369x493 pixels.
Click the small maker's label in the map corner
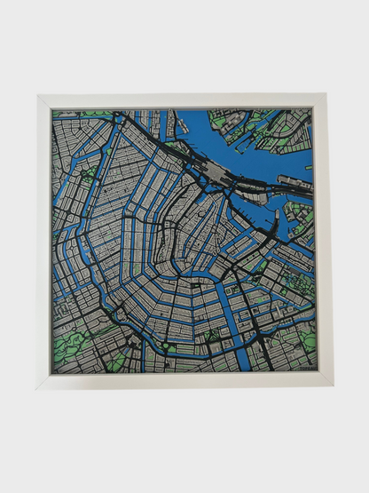coord(304,362)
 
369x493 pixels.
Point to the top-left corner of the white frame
coord(38,95)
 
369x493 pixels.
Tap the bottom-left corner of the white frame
coord(38,387)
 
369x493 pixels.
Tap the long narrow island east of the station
coord(294,183)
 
